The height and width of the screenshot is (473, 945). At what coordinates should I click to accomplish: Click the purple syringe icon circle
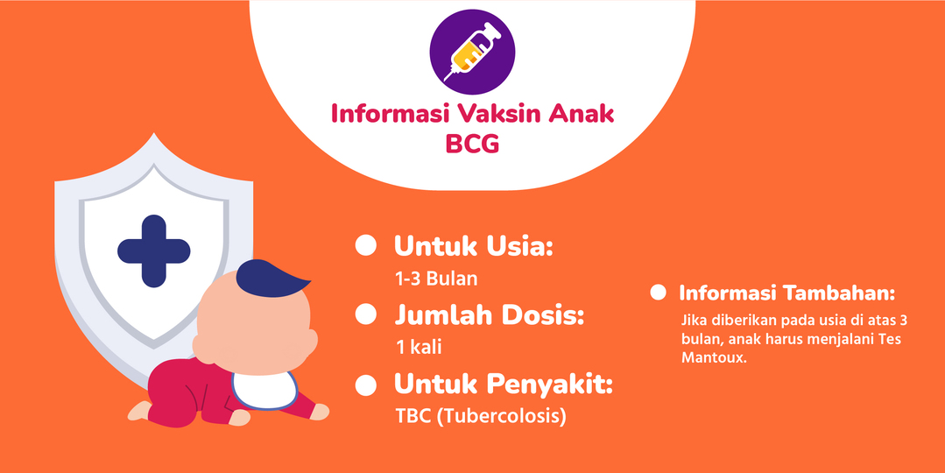[472, 49]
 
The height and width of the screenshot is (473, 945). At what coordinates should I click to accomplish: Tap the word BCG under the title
[472, 143]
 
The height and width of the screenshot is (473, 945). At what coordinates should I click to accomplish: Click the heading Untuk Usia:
[474, 246]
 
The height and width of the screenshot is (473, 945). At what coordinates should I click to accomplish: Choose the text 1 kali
[419, 347]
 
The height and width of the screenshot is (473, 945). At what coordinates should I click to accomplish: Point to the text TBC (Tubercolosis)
[481, 416]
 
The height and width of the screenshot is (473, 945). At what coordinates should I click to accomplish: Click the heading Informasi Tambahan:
[786, 293]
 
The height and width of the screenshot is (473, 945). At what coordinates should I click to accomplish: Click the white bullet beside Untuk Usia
[365, 246]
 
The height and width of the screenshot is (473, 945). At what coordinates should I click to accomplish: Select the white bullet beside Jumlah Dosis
[365, 314]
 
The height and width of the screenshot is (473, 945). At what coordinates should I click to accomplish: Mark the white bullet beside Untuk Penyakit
[365, 384]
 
